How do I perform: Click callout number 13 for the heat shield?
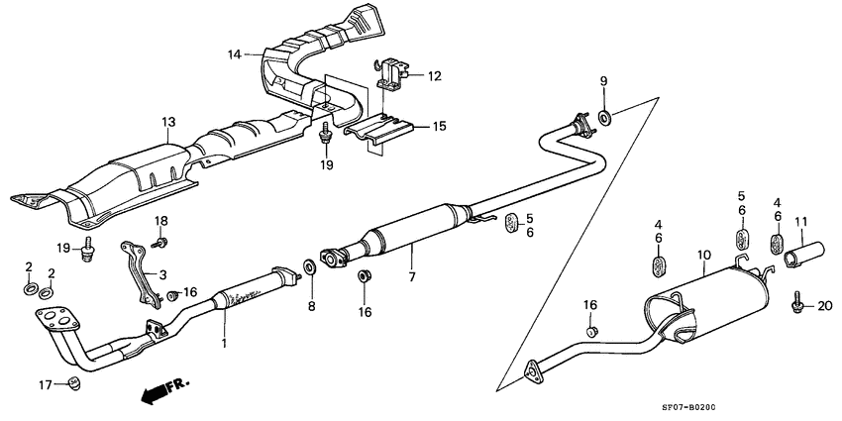(168, 122)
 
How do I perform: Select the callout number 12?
(434, 75)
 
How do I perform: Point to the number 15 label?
(437, 126)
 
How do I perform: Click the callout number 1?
(224, 344)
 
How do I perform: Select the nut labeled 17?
(73, 383)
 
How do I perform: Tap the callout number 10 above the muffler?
(702, 255)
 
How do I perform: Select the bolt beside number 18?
(161, 241)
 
